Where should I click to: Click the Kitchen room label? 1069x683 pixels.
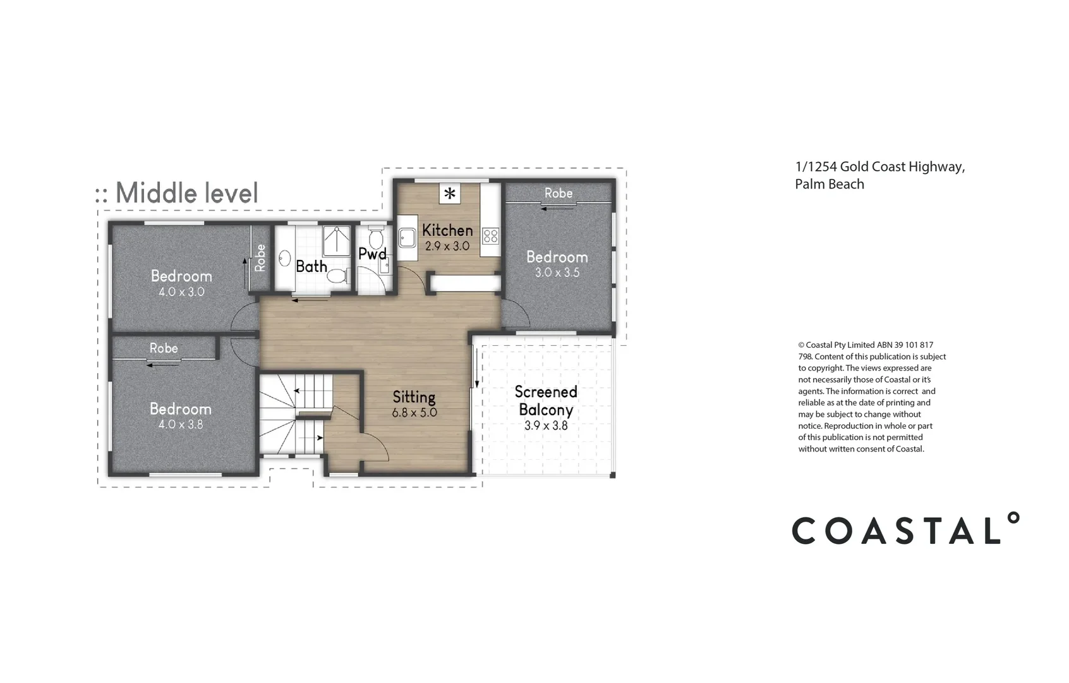click(x=447, y=230)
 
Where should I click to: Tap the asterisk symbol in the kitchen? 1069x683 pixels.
click(x=450, y=194)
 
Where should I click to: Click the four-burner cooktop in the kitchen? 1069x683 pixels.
click(x=490, y=237)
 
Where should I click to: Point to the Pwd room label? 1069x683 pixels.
click(x=372, y=254)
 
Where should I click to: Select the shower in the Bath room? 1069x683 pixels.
click(x=337, y=240)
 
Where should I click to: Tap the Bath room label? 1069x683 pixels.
click(x=311, y=266)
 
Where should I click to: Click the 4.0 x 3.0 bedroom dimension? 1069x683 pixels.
click(x=181, y=292)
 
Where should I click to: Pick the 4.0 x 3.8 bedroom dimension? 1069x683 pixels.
click(x=181, y=424)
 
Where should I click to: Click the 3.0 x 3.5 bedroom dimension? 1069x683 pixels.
click(x=557, y=273)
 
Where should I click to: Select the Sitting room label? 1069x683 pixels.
click(x=414, y=397)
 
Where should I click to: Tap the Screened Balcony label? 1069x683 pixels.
click(x=546, y=400)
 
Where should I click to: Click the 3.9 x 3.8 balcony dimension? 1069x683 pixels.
click(x=546, y=426)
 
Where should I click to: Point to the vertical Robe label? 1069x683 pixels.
click(x=260, y=258)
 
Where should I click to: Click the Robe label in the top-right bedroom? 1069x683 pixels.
click(x=559, y=193)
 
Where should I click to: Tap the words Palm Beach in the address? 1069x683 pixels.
click(x=829, y=184)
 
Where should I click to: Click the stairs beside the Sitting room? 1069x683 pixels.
click(x=295, y=414)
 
